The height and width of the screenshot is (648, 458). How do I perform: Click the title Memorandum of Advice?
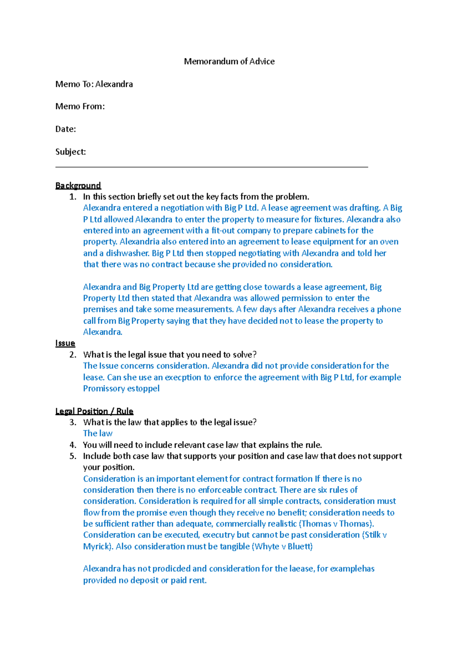point(229,61)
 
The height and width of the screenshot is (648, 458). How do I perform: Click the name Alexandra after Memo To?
point(114,84)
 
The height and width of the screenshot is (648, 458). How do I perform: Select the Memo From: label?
point(80,106)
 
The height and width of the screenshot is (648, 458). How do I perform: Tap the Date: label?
point(66,129)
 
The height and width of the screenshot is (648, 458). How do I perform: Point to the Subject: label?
point(71,152)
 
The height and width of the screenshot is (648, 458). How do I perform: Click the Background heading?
point(78,185)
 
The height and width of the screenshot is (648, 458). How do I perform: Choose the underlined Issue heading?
point(65,343)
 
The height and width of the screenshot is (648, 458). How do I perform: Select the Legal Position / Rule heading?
point(94,411)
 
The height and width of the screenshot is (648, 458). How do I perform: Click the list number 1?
point(73,197)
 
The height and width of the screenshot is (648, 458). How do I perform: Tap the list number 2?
point(73,355)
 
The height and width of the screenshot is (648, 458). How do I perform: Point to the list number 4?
point(73,445)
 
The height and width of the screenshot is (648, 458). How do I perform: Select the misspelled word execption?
point(182,377)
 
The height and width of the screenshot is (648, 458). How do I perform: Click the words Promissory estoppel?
point(121,388)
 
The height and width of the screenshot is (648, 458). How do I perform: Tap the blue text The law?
point(98,434)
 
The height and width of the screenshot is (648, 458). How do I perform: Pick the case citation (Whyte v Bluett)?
point(282,546)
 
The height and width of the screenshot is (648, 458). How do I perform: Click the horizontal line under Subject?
point(212,167)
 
